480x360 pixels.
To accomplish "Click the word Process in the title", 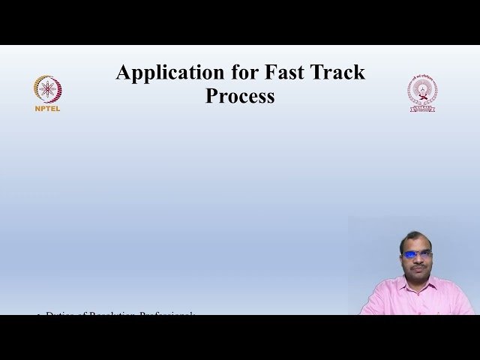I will [x=240, y=97].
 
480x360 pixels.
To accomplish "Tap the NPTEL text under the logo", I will [x=47, y=108].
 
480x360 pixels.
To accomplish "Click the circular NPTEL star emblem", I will [x=47, y=89].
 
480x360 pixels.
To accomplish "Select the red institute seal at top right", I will [x=422, y=92].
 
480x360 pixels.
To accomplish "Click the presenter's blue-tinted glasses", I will [x=417, y=254].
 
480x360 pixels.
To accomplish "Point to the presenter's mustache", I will [x=417, y=266].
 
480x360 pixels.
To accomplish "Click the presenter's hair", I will [x=416, y=237].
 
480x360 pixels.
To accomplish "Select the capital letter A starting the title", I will [x=123, y=73].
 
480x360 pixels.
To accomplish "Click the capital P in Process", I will [x=211, y=97].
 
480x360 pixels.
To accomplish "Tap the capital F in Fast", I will [x=270, y=73].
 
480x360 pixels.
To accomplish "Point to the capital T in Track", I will [x=319, y=73].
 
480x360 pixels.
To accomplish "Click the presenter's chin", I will [x=417, y=276].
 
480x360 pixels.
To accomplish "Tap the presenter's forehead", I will [x=417, y=244].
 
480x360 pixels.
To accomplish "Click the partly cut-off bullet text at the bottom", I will [x=120, y=313].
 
